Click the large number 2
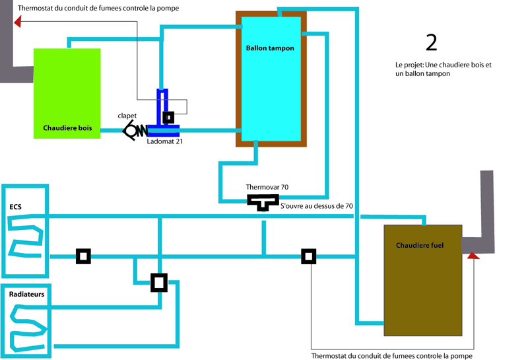431,42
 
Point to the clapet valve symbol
136,130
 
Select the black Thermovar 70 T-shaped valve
263,201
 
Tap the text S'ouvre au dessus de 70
317,207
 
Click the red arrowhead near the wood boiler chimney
17,22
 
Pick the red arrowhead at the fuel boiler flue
473,254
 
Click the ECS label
15,207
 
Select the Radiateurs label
27,294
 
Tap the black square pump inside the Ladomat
169,118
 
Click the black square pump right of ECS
83,256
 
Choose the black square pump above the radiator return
159,283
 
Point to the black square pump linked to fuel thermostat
308,256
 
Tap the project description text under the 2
444,70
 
